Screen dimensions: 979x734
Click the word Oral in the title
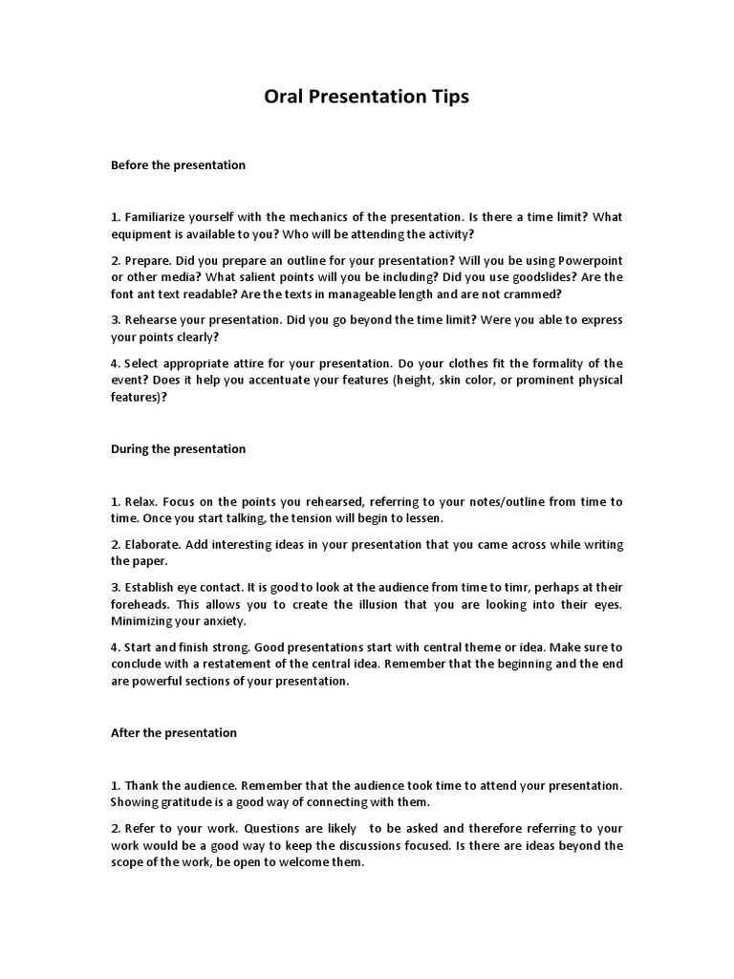pos(284,97)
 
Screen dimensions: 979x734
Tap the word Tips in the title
pos(448,97)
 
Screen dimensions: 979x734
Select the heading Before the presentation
pos(178,164)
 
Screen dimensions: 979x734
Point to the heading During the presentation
pos(178,448)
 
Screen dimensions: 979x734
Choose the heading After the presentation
pos(174,732)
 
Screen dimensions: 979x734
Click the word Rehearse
pos(151,320)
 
